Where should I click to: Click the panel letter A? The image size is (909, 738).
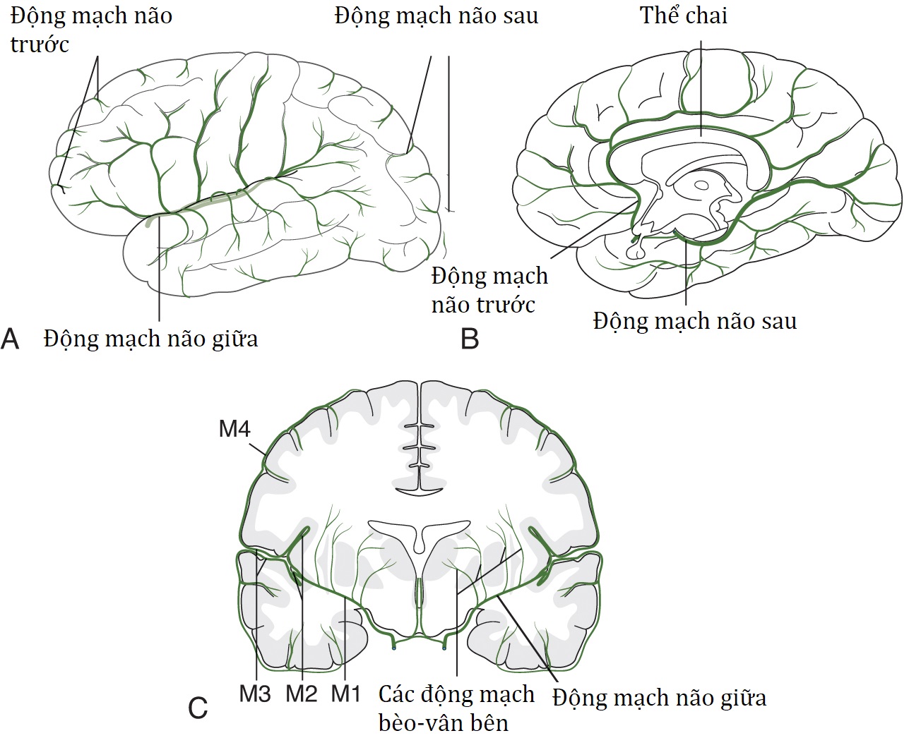click(x=10, y=339)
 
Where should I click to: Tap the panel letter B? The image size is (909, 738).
click(x=470, y=339)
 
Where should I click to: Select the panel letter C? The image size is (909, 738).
click(x=198, y=707)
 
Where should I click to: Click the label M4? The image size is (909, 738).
click(x=234, y=428)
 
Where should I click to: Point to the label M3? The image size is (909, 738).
click(x=254, y=694)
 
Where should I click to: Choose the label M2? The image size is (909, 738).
click(x=302, y=694)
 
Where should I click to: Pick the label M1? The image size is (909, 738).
click(x=346, y=694)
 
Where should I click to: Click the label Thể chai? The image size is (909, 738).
click(x=683, y=16)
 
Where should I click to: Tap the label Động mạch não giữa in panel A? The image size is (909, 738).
click(x=150, y=339)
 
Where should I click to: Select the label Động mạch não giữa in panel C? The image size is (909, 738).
click(x=659, y=698)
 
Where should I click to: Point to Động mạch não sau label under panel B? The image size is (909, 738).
click(x=694, y=321)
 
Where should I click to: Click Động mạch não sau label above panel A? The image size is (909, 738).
click(x=436, y=16)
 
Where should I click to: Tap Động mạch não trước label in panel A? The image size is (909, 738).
click(x=90, y=29)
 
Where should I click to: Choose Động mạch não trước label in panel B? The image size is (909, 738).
click(x=489, y=290)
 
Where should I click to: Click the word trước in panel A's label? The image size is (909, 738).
click(x=40, y=44)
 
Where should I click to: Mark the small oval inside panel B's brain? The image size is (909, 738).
click(x=701, y=186)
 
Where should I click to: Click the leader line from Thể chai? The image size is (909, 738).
click(x=701, y=85)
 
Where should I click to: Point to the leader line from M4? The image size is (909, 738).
click(x=259, y=445)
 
